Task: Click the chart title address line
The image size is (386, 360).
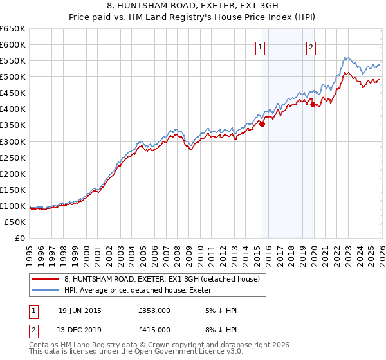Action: point(193,6)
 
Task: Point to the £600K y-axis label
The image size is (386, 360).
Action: point(13,44)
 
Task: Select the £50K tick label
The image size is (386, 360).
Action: point(15,222)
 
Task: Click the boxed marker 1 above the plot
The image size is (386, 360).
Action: point(260,47)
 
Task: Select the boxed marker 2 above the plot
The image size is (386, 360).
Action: point(311,47)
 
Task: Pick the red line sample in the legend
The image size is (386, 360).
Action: point(46,279)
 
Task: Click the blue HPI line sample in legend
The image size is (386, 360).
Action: point(46,289)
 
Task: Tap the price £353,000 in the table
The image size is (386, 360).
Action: point(154,310)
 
